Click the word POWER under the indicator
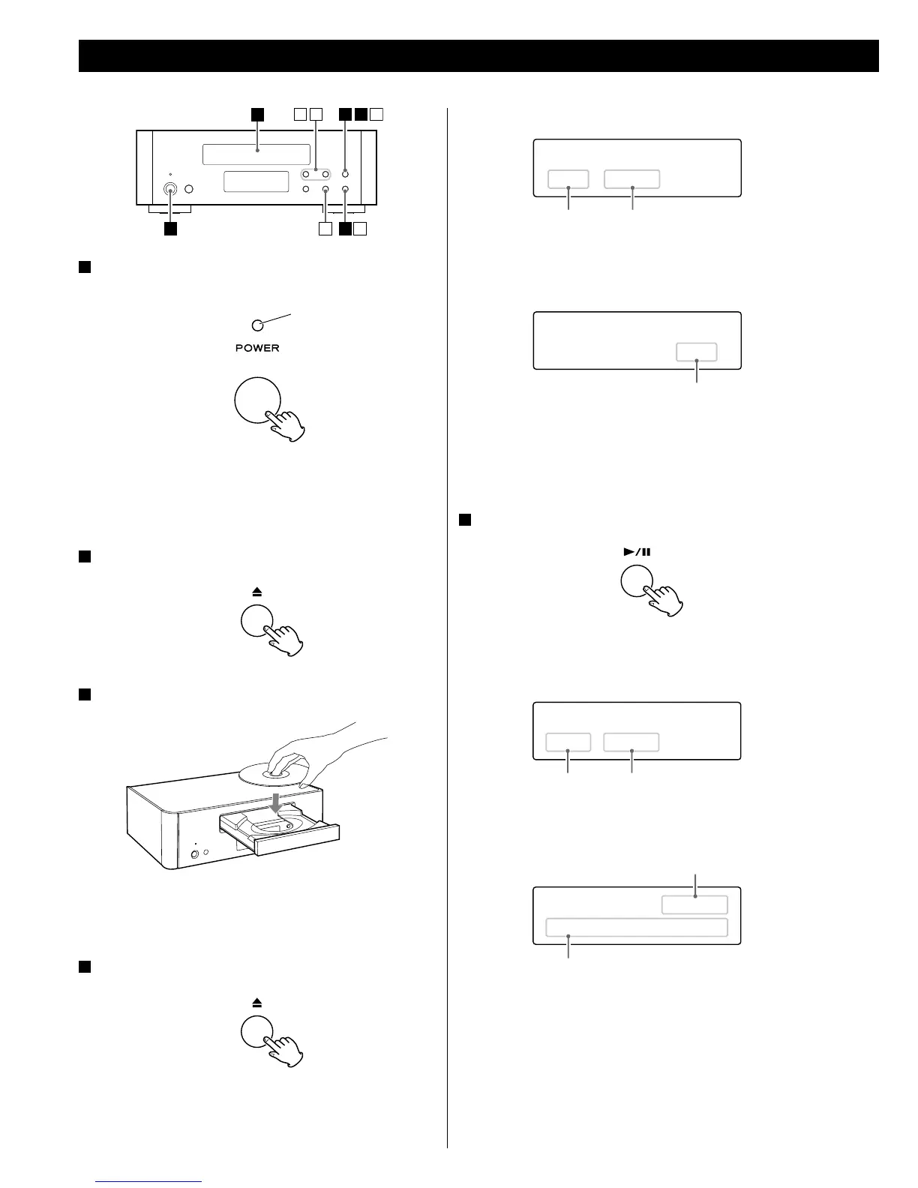click(257, 348)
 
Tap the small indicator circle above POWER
click(257, 325)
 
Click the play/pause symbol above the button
click(637, 552)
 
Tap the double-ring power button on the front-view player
click(171, 190)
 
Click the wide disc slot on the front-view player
click(256, 154)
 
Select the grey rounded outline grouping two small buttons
click(316, 175)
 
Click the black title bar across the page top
click(478, 56)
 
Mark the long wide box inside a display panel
click(636, 927)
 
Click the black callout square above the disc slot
click(257, 114)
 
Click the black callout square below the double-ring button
click(171, 229)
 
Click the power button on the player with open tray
click(196, 853)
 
